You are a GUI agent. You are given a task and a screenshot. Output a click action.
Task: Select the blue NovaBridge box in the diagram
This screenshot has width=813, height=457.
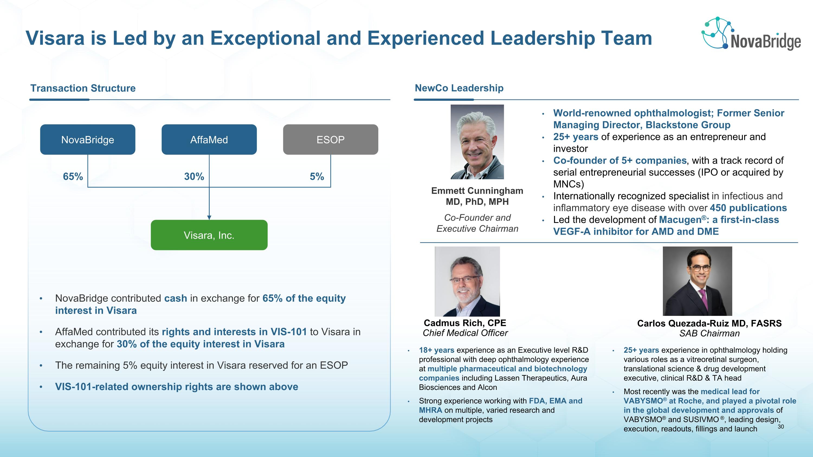click(x=88, y=140)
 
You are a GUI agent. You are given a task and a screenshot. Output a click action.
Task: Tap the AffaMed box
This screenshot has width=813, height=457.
click(x=209, y=140)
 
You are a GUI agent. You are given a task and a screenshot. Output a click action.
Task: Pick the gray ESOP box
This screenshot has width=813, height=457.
click(x=330, y=140)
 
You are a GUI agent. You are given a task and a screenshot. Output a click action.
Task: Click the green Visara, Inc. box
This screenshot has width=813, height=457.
click(x=209, y=235)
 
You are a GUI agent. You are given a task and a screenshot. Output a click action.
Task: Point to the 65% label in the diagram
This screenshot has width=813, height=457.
click(x=73, y=177)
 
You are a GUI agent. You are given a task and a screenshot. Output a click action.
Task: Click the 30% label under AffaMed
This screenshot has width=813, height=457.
click(x=194, y=177)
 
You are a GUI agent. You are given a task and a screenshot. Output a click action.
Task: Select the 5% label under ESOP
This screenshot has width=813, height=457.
click(x=317, y=177)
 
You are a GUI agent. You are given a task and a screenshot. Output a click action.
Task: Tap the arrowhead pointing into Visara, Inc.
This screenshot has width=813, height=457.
click(x=209, y=217)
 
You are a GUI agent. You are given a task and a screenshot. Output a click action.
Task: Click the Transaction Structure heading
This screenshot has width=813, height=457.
click(x=83, y=88)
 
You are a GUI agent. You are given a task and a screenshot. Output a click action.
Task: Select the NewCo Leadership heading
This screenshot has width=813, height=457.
click(x=459, y=88)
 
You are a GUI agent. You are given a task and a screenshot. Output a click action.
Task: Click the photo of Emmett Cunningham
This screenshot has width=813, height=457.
click(x=477, y=142)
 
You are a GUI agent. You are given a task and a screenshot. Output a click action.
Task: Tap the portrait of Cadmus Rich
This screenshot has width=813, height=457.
click(x=467, y=281)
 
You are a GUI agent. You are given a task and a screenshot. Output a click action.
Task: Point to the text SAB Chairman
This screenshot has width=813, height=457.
click(x=709, y=333)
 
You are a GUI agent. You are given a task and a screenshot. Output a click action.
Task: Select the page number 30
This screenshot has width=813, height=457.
click(x=780, y=427)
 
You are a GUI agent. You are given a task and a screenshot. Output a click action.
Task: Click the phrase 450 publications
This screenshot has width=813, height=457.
click(x=748, y=208)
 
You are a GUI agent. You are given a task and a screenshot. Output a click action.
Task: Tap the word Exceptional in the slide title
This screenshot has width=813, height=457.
click(x=265, y=38)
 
